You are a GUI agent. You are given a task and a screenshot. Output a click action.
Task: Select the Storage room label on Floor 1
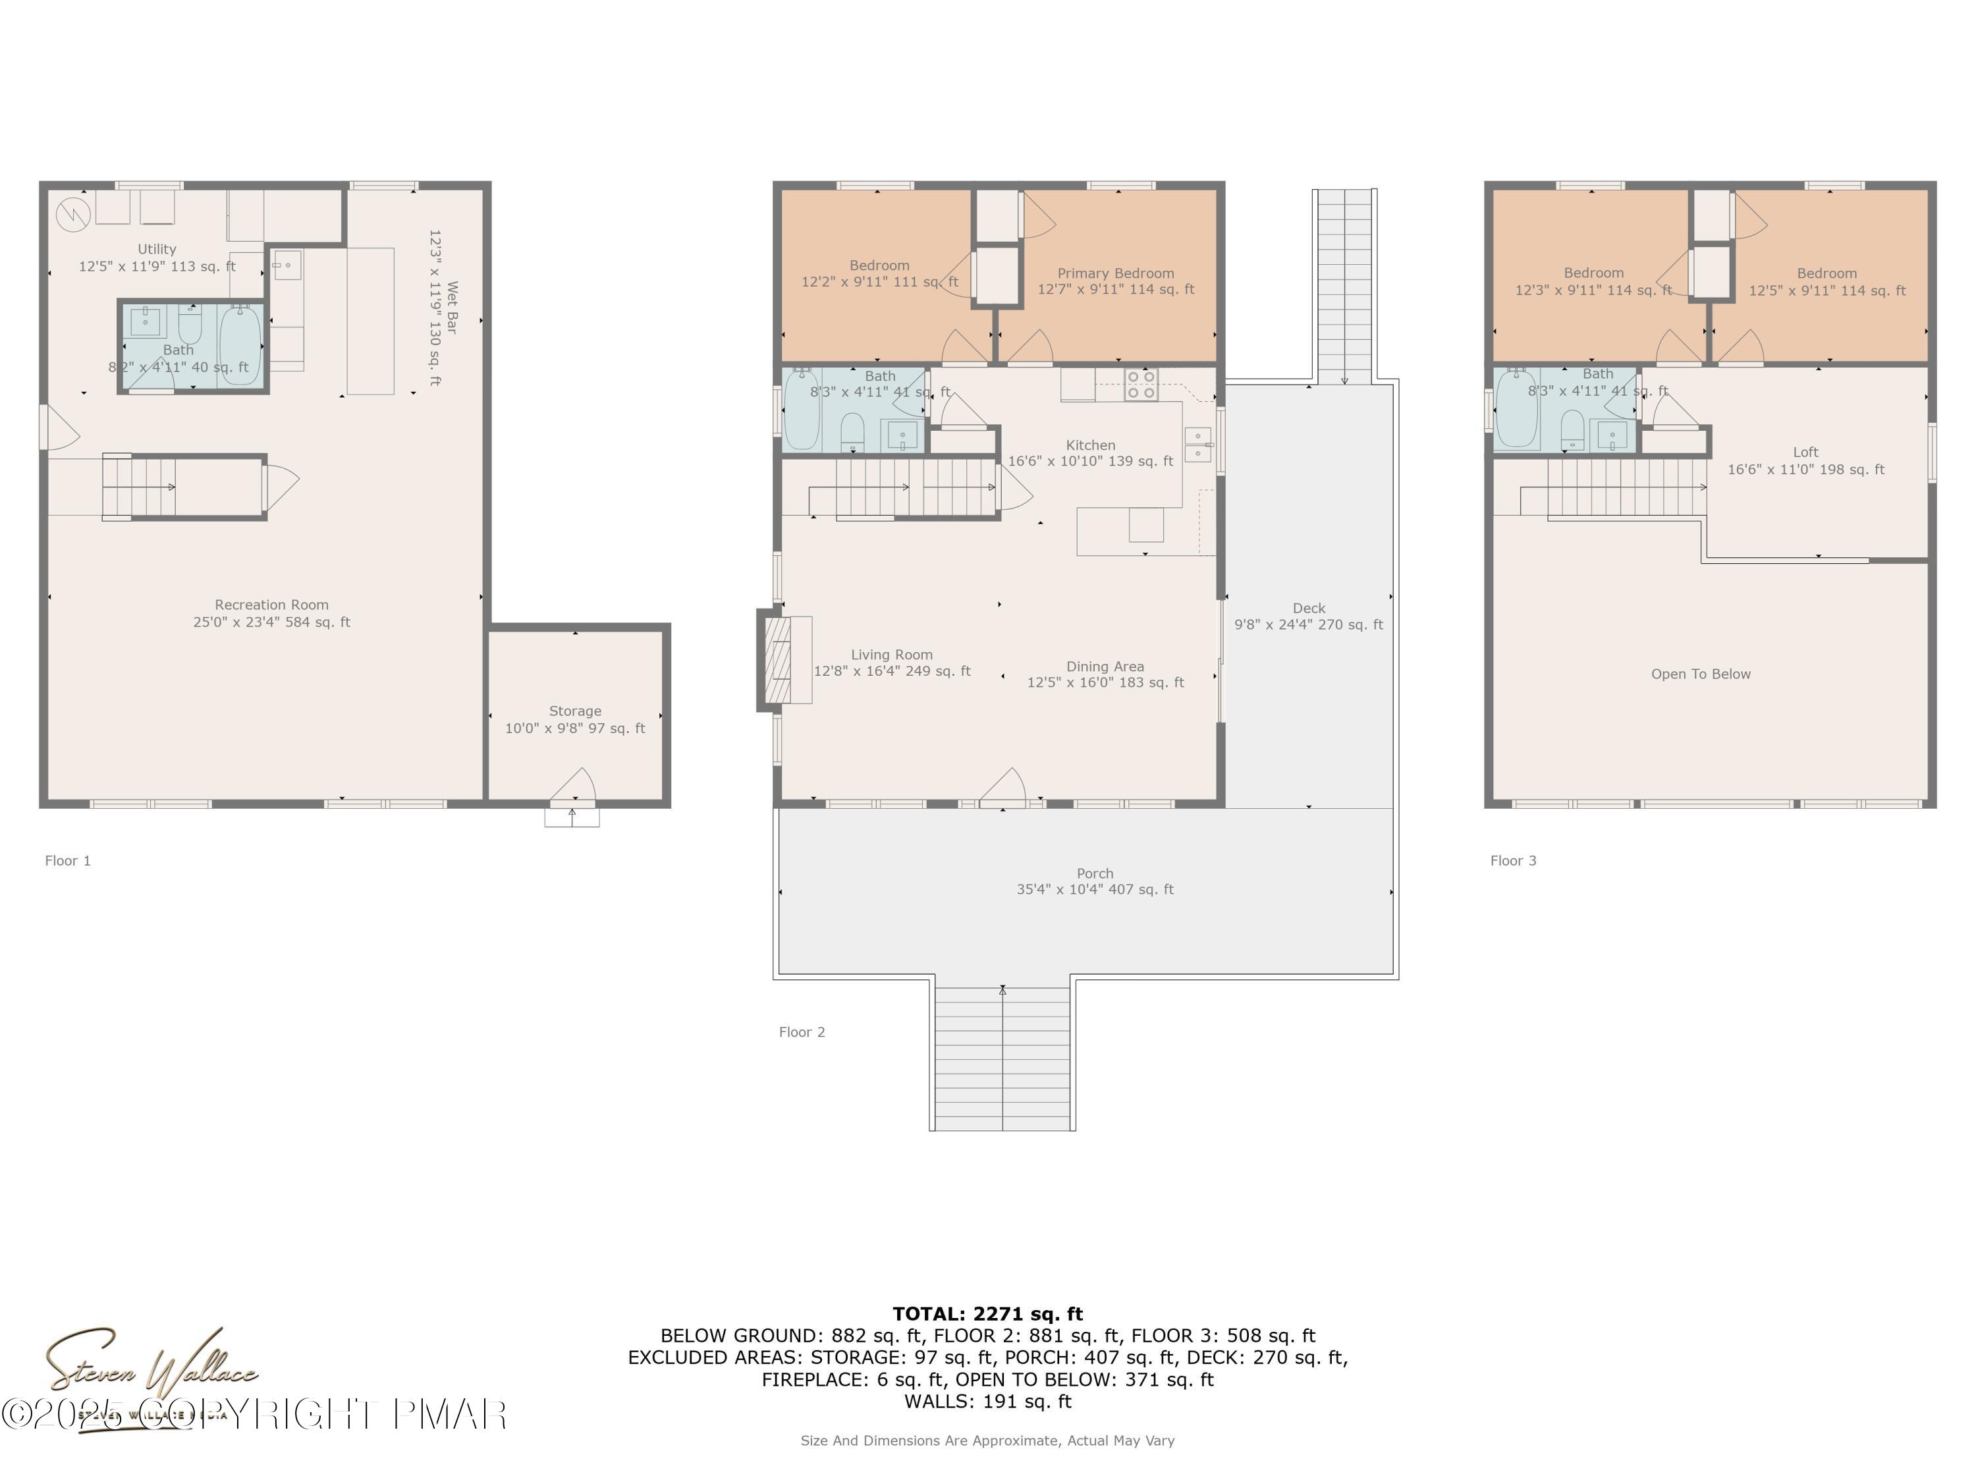coord(574,712)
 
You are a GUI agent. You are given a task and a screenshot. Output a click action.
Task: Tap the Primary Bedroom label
coord(1115,273)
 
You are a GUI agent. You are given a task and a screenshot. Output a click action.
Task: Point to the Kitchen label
coord(1090,445)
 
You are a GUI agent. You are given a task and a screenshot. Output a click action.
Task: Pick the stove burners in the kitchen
coord(1141,384)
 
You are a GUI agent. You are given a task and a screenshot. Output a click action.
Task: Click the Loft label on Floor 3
coord(1805,452)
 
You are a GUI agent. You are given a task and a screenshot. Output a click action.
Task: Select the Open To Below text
coord(1700,674)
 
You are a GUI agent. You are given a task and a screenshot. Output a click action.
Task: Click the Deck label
coord(1308,609)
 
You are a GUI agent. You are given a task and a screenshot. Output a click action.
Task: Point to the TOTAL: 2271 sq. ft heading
coord(987,1314)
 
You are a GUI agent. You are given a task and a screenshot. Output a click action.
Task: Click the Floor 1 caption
coord(68,861)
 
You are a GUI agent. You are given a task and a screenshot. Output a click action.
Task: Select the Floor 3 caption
coord(1512,861)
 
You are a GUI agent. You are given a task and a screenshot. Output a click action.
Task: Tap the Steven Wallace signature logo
coord(152,1371)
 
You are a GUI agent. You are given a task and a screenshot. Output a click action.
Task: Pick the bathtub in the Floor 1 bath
coord(240,345)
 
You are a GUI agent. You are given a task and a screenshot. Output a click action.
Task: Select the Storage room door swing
coord(574,785)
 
